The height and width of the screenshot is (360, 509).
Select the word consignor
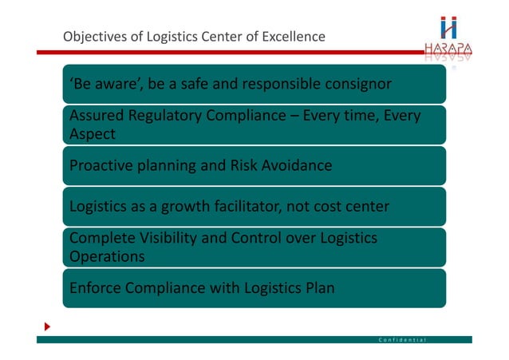point(355,84)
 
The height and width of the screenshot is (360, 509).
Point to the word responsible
point(276,84)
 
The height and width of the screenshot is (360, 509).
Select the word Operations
point(108,257)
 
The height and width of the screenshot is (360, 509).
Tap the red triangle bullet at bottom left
point(47,327)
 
